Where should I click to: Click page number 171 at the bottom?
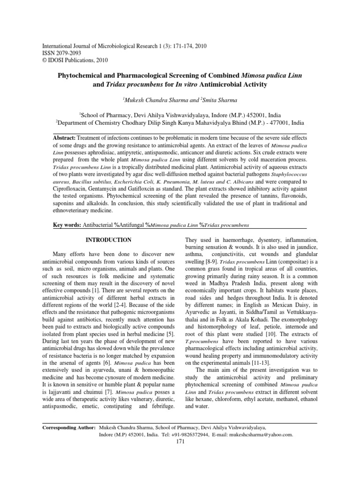coord(180,442)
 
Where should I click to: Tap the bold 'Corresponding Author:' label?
coord(69,428)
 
